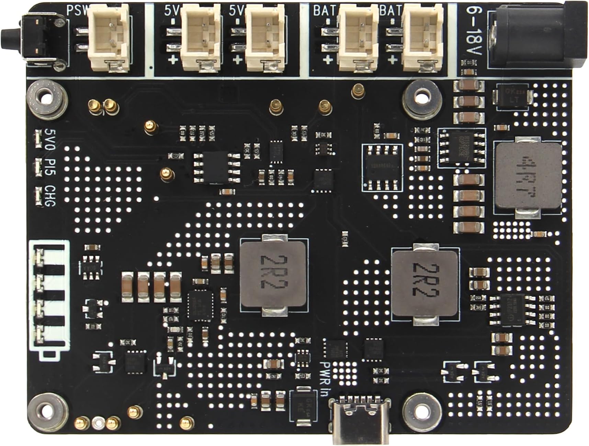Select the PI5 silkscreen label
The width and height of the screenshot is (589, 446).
[50, 167]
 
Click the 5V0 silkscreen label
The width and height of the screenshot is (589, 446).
[50, 138]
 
